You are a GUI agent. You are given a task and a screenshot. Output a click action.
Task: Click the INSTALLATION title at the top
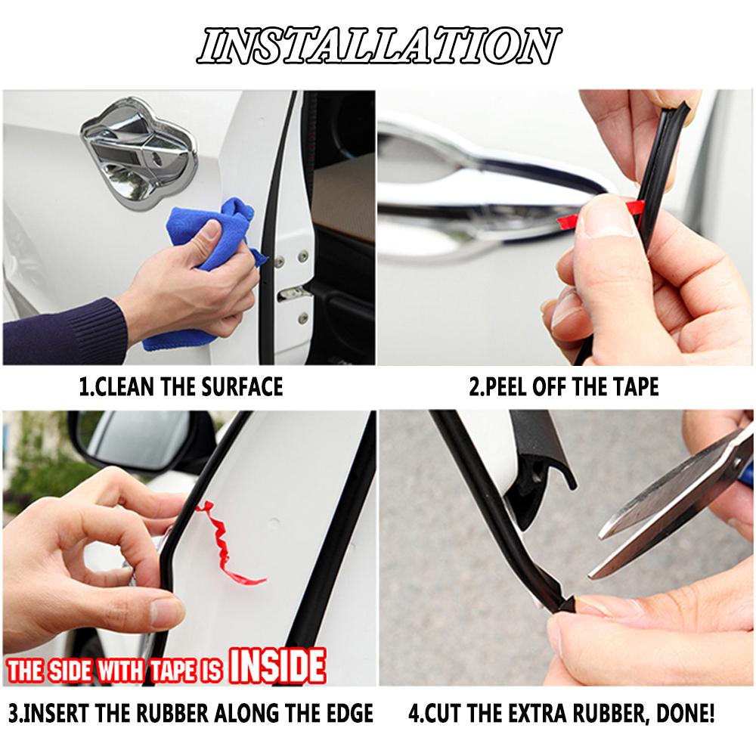point(378,47)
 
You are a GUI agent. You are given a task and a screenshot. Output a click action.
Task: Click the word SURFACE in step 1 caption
point(241,387)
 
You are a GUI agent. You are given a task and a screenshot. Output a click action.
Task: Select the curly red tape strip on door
point(227,541)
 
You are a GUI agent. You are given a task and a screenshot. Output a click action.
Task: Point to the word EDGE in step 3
point(349,713)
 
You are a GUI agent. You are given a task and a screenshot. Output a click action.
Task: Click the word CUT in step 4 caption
point(445,713)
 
